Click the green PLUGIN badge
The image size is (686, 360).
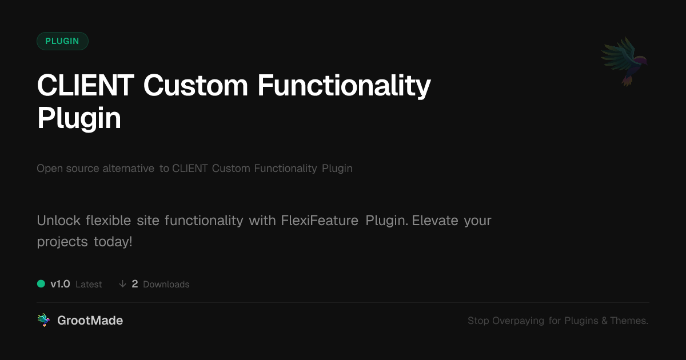click(x=62, y=41)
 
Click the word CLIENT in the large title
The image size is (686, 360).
click(x=85, y=85)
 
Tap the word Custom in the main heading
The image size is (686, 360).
click(x=196, y=85)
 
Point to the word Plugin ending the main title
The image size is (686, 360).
click(x=79, y=119)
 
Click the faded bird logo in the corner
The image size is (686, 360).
click(x=624, y=62)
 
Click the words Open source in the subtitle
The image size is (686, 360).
click(x=67, y=169)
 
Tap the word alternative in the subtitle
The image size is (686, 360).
click(x=128, y=169)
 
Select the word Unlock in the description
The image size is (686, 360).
click(x=58, y=221)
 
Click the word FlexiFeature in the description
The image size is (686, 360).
click(x=320, y=221)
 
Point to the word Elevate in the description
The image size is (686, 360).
click(x=435, y=221)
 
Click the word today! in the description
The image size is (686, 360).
click(x=113, y=242)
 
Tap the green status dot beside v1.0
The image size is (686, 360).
click(x=41, y=284)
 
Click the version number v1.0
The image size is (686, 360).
click(x=60, y=284)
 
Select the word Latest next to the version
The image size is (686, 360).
click(x=89, y=285)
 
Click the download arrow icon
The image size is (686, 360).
click(x=122, y=284)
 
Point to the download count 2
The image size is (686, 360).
click(x=135, y=284)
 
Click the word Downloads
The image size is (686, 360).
click(x=166, y=285)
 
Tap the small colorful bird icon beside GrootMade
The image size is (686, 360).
click(x=43, y=320)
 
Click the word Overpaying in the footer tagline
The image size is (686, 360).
click(x=518, y=321)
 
